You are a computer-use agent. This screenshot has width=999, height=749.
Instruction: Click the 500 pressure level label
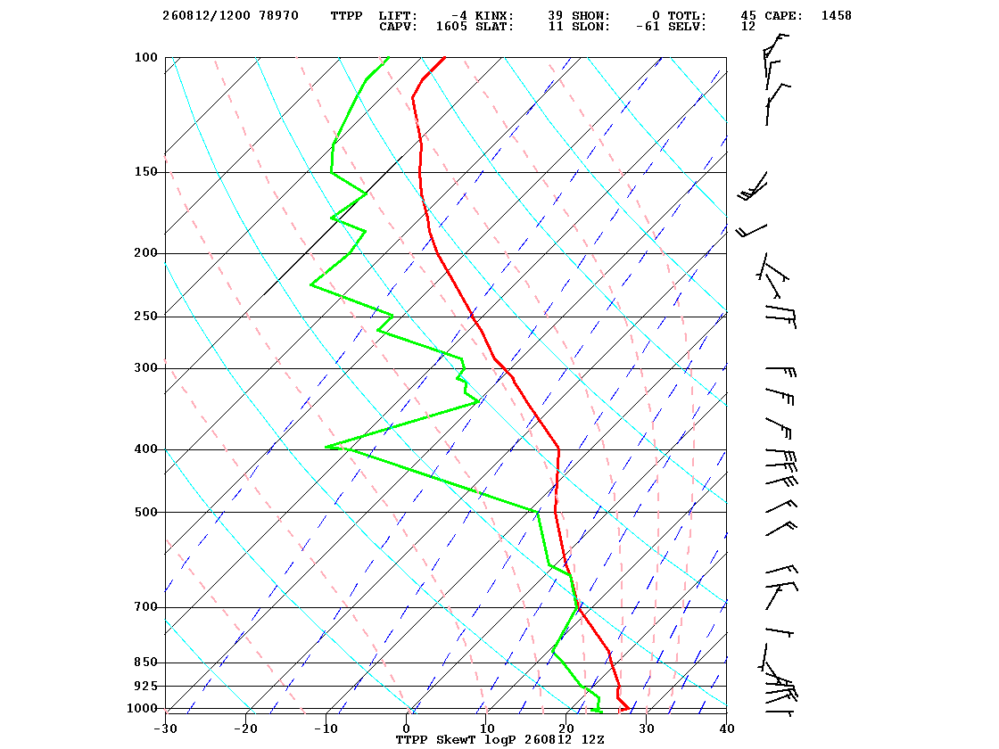pyautogui.click(x=146, y=512)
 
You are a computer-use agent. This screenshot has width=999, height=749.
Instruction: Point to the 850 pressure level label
pyautogui.click(x=146, y=663)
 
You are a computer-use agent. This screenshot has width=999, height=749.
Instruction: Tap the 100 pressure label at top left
pyautogui.click(x=146, y=57)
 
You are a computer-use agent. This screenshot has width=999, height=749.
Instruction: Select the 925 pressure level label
pyautogui.click(x=146, y=686)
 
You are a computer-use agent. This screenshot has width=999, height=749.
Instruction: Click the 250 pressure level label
pyautogui.click(x=146, y=317)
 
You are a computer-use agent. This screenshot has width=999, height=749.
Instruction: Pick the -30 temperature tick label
pyautogui.click(x=165, y=728)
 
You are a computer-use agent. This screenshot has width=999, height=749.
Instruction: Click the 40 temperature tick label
pyautogui.click(x=727, y=728)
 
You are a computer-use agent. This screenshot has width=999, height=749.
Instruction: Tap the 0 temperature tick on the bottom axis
pyautogui.click(x=407, y=728)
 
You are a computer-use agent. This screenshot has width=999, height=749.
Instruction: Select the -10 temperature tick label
pyautogui.click(x=326, y=728)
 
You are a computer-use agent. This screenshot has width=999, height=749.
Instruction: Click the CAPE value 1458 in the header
pyautogui.click(x=836, y=15)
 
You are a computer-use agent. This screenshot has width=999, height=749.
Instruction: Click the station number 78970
pyautogui.click(x=278, y=15)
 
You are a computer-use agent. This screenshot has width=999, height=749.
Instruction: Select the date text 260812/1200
pyautogui.click(x=206, y=15)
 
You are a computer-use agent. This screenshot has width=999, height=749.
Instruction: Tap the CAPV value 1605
pyautogui.click(x=451, y=27)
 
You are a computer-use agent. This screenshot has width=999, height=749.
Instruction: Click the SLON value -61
pyautogui.click(x=648, y=27)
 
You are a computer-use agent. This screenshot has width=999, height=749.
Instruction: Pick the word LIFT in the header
pyautogui.click(x=398, y=15)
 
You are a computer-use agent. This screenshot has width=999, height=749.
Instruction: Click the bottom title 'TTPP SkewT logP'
pyautogui.click(x=456, y=739)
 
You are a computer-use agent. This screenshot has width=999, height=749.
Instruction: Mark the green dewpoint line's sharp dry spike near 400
pyautogui.click(x=326, y=447)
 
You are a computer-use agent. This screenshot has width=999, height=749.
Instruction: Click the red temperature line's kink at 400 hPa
pyautogui.click(x=558, y=449)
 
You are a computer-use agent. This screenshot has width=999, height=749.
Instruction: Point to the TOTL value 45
pyautogui.click(x=748, y=15)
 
